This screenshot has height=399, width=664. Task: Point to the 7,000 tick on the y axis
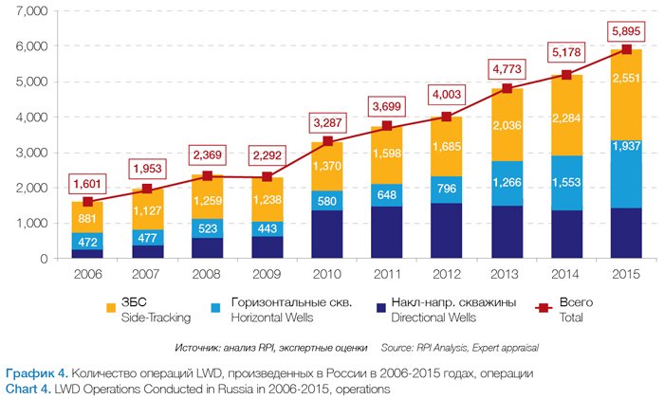pyautogui.click(x=32, y=10)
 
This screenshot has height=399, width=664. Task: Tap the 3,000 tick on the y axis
pyautogui.click(x=32, y=152)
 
